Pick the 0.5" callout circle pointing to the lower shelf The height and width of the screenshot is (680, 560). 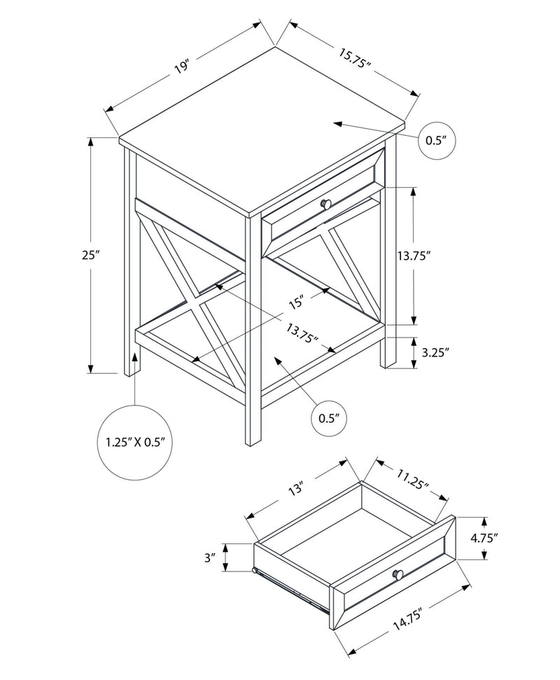[329, 418]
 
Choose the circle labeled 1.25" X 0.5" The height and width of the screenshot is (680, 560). [134, 442]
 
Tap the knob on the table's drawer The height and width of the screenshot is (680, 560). [325, 203]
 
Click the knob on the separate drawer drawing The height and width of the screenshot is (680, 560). [398, 574]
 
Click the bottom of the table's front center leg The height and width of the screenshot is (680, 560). [252, 443]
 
